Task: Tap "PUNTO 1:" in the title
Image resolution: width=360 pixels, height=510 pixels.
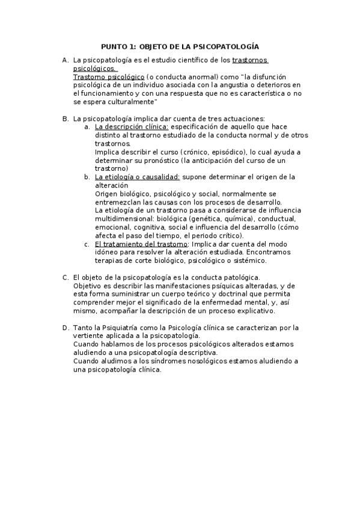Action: (x=118, y=46)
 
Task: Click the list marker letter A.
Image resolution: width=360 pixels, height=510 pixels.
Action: (x=65, y=61)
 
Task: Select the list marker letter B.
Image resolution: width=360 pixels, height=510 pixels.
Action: (x=65, y=119)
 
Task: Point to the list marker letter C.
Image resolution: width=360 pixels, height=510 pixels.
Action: (x=65, y=277)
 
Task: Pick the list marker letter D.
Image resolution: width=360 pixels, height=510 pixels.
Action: (x=65, y=328)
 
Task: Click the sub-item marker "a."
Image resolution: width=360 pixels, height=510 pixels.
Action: (x=87, y=127)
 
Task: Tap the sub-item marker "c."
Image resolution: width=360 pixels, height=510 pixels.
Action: (x=87, y=244)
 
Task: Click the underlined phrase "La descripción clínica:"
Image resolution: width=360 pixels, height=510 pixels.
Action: (x=132, y=127)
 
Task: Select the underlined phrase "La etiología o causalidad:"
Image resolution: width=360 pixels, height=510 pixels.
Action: (x=138, y=177)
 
